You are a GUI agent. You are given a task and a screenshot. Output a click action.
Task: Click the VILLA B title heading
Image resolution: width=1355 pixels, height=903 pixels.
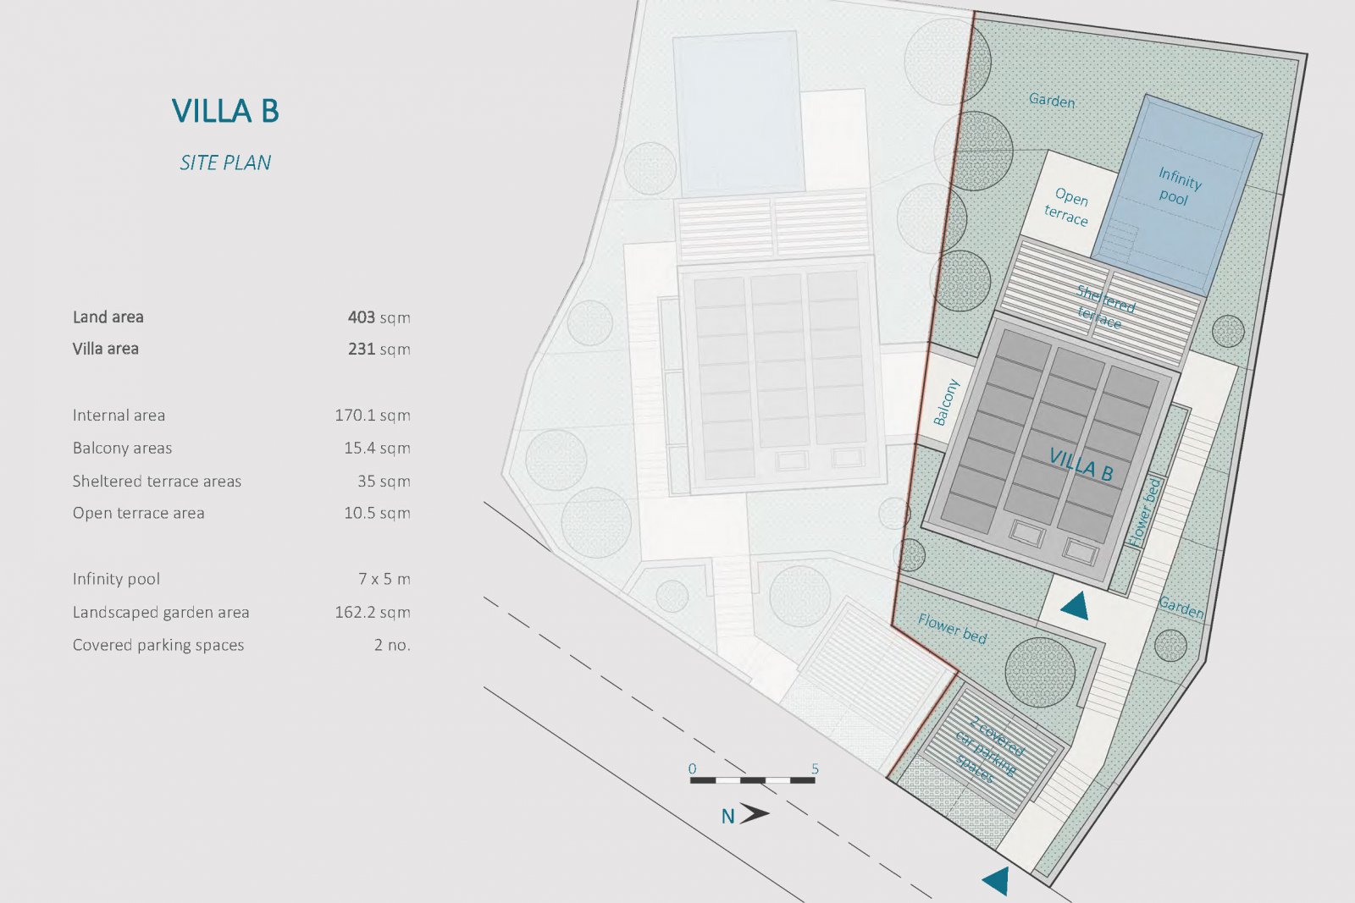coord(225,111)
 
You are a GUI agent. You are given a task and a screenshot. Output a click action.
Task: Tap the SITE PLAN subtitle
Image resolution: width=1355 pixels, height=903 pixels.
coord(225,162)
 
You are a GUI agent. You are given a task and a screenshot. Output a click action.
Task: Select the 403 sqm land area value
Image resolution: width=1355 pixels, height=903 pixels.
coord(379,317)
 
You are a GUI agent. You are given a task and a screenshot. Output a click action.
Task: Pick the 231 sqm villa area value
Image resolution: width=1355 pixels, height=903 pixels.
coord(379,349)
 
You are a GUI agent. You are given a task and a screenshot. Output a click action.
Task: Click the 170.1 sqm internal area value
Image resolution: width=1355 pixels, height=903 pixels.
coord(372,416)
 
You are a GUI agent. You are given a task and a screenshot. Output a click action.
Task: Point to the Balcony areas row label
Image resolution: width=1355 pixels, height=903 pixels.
coord(122,448)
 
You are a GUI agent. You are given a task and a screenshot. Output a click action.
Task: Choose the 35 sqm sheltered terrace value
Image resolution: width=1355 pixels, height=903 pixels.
coord(384,481)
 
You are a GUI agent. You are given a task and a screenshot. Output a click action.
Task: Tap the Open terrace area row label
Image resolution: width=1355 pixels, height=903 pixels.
coord(138,513)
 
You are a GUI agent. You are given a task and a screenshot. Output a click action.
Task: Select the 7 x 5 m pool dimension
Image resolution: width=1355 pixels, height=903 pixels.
coord(384,579)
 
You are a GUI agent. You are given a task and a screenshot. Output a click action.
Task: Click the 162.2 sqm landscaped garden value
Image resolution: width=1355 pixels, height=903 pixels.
coord(372,612)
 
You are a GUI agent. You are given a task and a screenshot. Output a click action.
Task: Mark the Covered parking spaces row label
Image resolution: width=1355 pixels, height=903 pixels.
coord(158,645)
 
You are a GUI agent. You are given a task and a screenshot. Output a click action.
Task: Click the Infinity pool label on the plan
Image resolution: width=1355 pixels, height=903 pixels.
coord(1177,187)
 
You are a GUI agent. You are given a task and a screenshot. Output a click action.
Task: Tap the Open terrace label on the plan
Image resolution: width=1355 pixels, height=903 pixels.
coord(1068,207)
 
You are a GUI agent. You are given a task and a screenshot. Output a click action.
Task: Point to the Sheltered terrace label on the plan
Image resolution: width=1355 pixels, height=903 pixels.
coord(1103,306)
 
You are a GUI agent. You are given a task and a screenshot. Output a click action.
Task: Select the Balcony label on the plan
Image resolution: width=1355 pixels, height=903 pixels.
coord(946,402)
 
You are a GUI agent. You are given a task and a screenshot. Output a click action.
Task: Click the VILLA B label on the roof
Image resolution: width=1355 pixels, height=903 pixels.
coord(1081,465)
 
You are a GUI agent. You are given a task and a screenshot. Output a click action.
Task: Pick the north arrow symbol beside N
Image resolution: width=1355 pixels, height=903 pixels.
coord(754,813)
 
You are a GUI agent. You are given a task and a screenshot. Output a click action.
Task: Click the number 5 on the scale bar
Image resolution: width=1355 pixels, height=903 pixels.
coord(815,769)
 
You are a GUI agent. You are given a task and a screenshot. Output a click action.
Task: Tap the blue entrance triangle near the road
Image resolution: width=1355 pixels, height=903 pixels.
coord(997,881)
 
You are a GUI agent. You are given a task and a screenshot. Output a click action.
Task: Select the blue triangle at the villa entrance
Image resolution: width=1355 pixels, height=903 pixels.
coord(1075,605)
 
